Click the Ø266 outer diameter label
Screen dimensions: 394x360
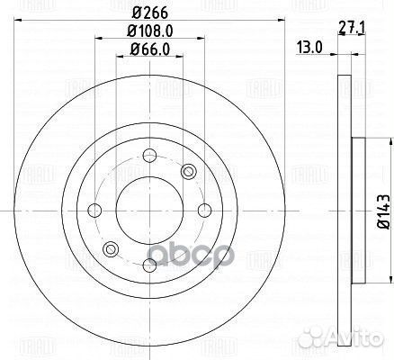tap(149, 13)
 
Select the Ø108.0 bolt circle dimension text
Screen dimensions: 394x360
tap(150, 31)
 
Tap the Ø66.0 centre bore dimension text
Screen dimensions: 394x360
tap(149, 49)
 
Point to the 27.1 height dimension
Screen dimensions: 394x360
tap(352, 29)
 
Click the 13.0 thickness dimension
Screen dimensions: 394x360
tap(309, 48)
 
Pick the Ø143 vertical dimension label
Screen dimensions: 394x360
tap(384, 211)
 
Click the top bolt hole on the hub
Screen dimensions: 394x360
tap(149, 156)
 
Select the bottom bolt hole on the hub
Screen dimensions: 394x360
tap(149, 266)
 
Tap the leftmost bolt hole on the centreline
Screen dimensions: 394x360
tap(94, 211)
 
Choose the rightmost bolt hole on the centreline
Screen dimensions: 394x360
tap(205, 211)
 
